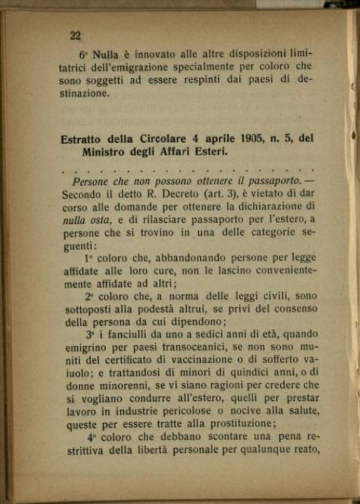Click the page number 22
pyautogui.click(x=75, y=36)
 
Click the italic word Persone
pyautogui.click(x=93, y=182)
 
